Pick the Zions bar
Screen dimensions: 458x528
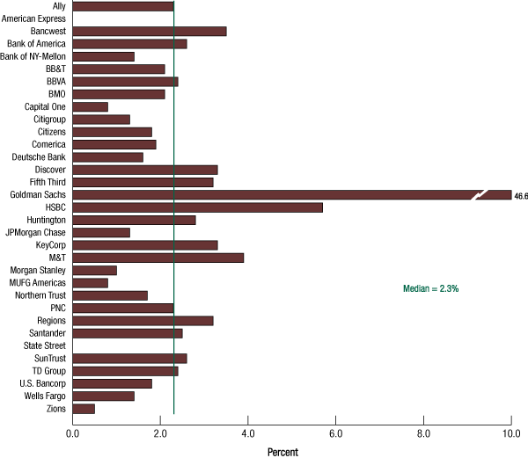[x=84, y=409]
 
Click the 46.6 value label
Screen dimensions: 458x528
[x=520, y=196]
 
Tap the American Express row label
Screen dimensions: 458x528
[x=33, y=18]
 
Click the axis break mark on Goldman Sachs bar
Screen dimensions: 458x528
[x=479, y=195]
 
